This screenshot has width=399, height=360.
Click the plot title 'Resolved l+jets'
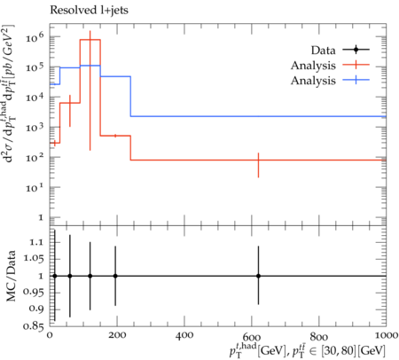(x=89, y=11)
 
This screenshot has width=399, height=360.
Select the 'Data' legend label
(x=323, y=51)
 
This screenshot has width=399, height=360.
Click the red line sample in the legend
(x=356, y=65)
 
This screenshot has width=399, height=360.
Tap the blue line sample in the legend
(x=356, y=80)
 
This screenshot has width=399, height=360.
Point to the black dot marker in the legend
(x=356, y=50)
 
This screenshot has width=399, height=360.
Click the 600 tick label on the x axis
(x=252, y=337)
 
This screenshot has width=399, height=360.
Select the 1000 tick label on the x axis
(x=386, y=336)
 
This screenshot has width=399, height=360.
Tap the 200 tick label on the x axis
(x=117, y=336)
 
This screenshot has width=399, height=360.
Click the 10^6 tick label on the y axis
(x=35, y=37)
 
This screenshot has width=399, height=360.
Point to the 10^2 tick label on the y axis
(x=35, y=157)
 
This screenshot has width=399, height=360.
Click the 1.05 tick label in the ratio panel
(x=34, y=259)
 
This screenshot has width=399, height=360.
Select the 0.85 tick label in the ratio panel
(x=34, y=326)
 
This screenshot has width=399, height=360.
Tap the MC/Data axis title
(x=11, y=276)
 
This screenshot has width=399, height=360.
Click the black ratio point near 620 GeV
(x=258, y=276)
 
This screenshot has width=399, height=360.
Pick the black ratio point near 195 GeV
(x=115, y=276)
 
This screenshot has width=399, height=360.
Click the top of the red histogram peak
(x=90, y=40)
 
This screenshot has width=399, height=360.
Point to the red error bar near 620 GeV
(x=258, y=165)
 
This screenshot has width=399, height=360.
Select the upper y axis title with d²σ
(x=10, y=94)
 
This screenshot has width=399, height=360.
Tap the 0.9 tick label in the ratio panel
(x=36, y=309)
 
